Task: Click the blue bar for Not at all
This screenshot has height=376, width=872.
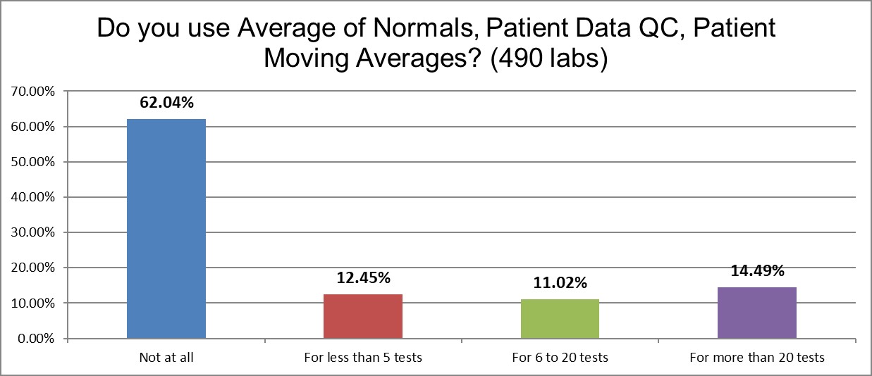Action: coord(166,229)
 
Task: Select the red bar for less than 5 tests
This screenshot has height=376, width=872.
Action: coord(362,316)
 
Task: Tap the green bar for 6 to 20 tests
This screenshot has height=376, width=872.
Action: coord(560,319)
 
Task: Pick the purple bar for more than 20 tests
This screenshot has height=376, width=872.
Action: coord(756,313)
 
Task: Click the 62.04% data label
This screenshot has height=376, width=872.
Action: coord(166,103)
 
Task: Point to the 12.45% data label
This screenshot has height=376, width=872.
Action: coord(363,278)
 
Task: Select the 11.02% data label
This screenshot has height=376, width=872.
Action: coord(560,283)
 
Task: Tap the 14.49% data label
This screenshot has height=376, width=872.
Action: coord(756,271)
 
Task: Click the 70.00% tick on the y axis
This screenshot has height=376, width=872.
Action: coord(32,92)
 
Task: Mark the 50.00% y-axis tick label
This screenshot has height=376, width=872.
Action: coord(32,162)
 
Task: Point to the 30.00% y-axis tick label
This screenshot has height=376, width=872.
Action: coord(32,232)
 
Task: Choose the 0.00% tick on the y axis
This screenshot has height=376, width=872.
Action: coord(35,339)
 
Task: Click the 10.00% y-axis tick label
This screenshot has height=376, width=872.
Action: coord(32,303)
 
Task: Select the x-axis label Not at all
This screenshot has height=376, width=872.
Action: coord(166,358)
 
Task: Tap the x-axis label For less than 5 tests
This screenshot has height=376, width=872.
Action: coord(363,358)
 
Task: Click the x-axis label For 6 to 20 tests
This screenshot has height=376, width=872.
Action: coord(560,358)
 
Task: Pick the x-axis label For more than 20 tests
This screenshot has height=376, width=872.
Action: coord(756,358)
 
